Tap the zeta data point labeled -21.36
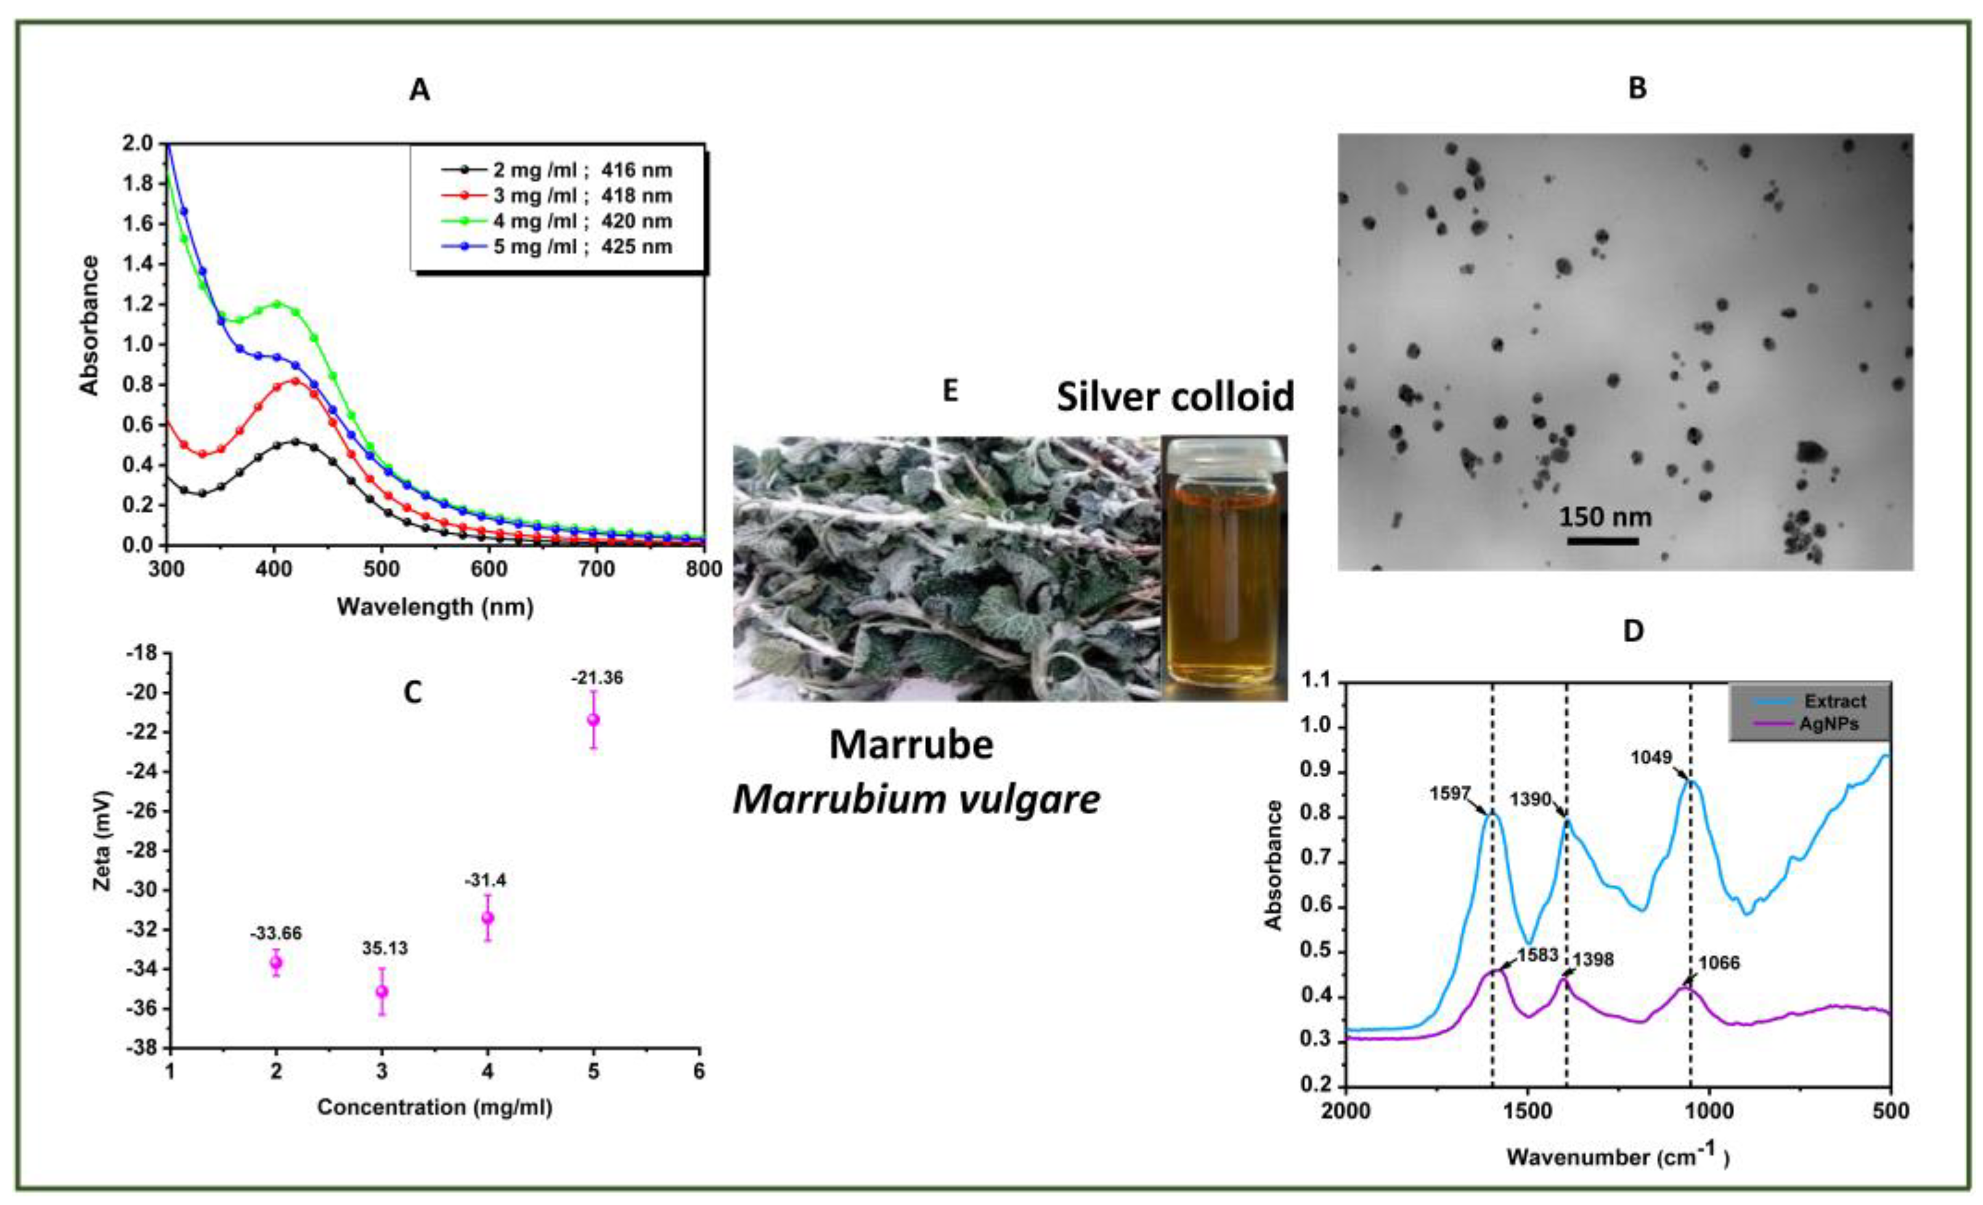[593, 719]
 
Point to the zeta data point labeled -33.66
[276, 962]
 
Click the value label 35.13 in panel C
[385, 949]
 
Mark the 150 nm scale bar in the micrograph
[1602, 541]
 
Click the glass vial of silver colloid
[1223, 567]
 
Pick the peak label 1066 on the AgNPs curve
[1720, 964]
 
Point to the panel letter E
[950, 391]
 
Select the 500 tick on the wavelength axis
[381, 570]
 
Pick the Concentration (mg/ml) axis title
[434, 1108]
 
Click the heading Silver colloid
[1175, 397]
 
